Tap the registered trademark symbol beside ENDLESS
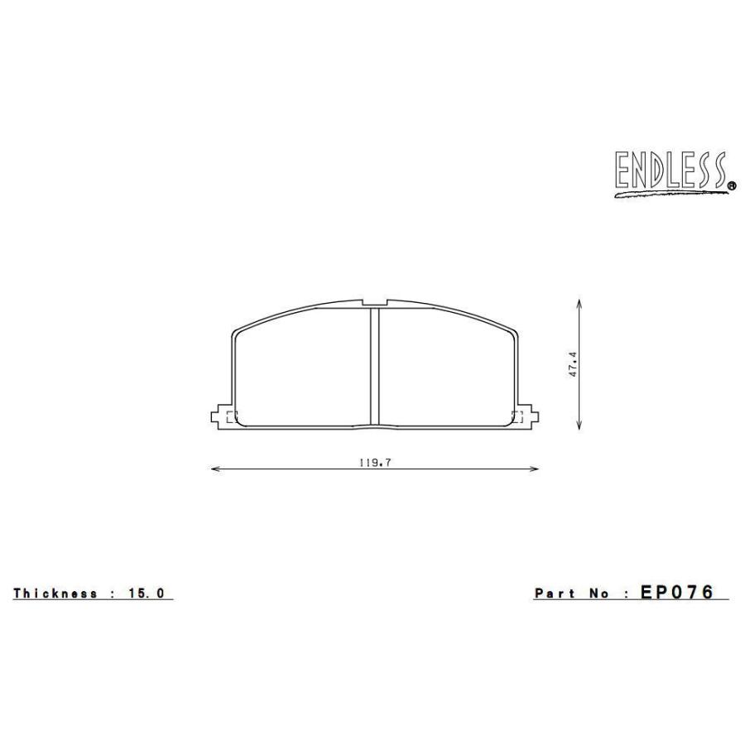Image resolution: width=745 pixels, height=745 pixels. pyautogui.click(x=732, y=187)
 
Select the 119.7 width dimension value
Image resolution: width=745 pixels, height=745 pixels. pyautogui.click(x=374, y=464)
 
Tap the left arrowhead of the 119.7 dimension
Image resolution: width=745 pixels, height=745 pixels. pyautogui.click(x=215, y=469)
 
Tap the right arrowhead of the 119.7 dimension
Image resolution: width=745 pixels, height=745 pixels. pyautogui.click(x=535, y=469)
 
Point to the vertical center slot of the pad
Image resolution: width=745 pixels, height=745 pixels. pyautogui.click(x=374, y=364)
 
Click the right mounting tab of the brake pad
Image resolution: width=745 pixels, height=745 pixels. pyautogui.click(x=529, y=416)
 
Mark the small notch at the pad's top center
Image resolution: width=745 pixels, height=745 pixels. pyautogui.click(x=374, y=301)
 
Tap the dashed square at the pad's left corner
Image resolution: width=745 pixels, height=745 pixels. pyautogui.click(x=231, y=416)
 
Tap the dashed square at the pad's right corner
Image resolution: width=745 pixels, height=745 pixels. pyautogui.click(x=518, y=416)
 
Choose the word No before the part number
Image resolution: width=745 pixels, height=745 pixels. pyautogui.click(x=600, y=594)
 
